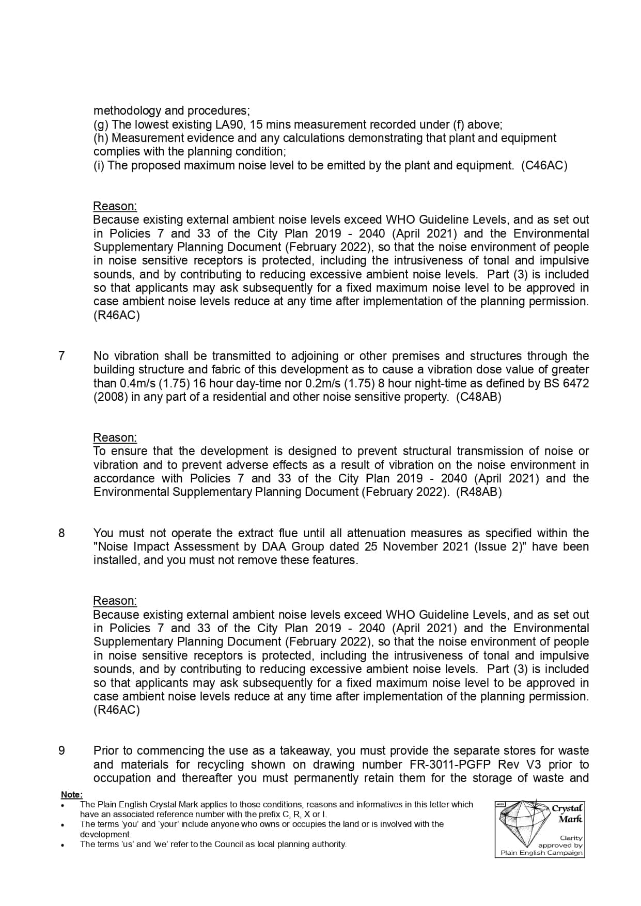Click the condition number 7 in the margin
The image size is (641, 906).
coord(61,356)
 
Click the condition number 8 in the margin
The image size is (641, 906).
coord(61,533)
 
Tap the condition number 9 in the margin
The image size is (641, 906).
coord(61,751)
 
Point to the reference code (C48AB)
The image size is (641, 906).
coord(478,397)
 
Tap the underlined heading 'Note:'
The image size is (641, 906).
coord(71,795)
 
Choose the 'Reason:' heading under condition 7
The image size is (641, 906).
coord(115,438)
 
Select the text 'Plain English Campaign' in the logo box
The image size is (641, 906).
coord(541,853)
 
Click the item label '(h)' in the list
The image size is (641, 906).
coord(101,138)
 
